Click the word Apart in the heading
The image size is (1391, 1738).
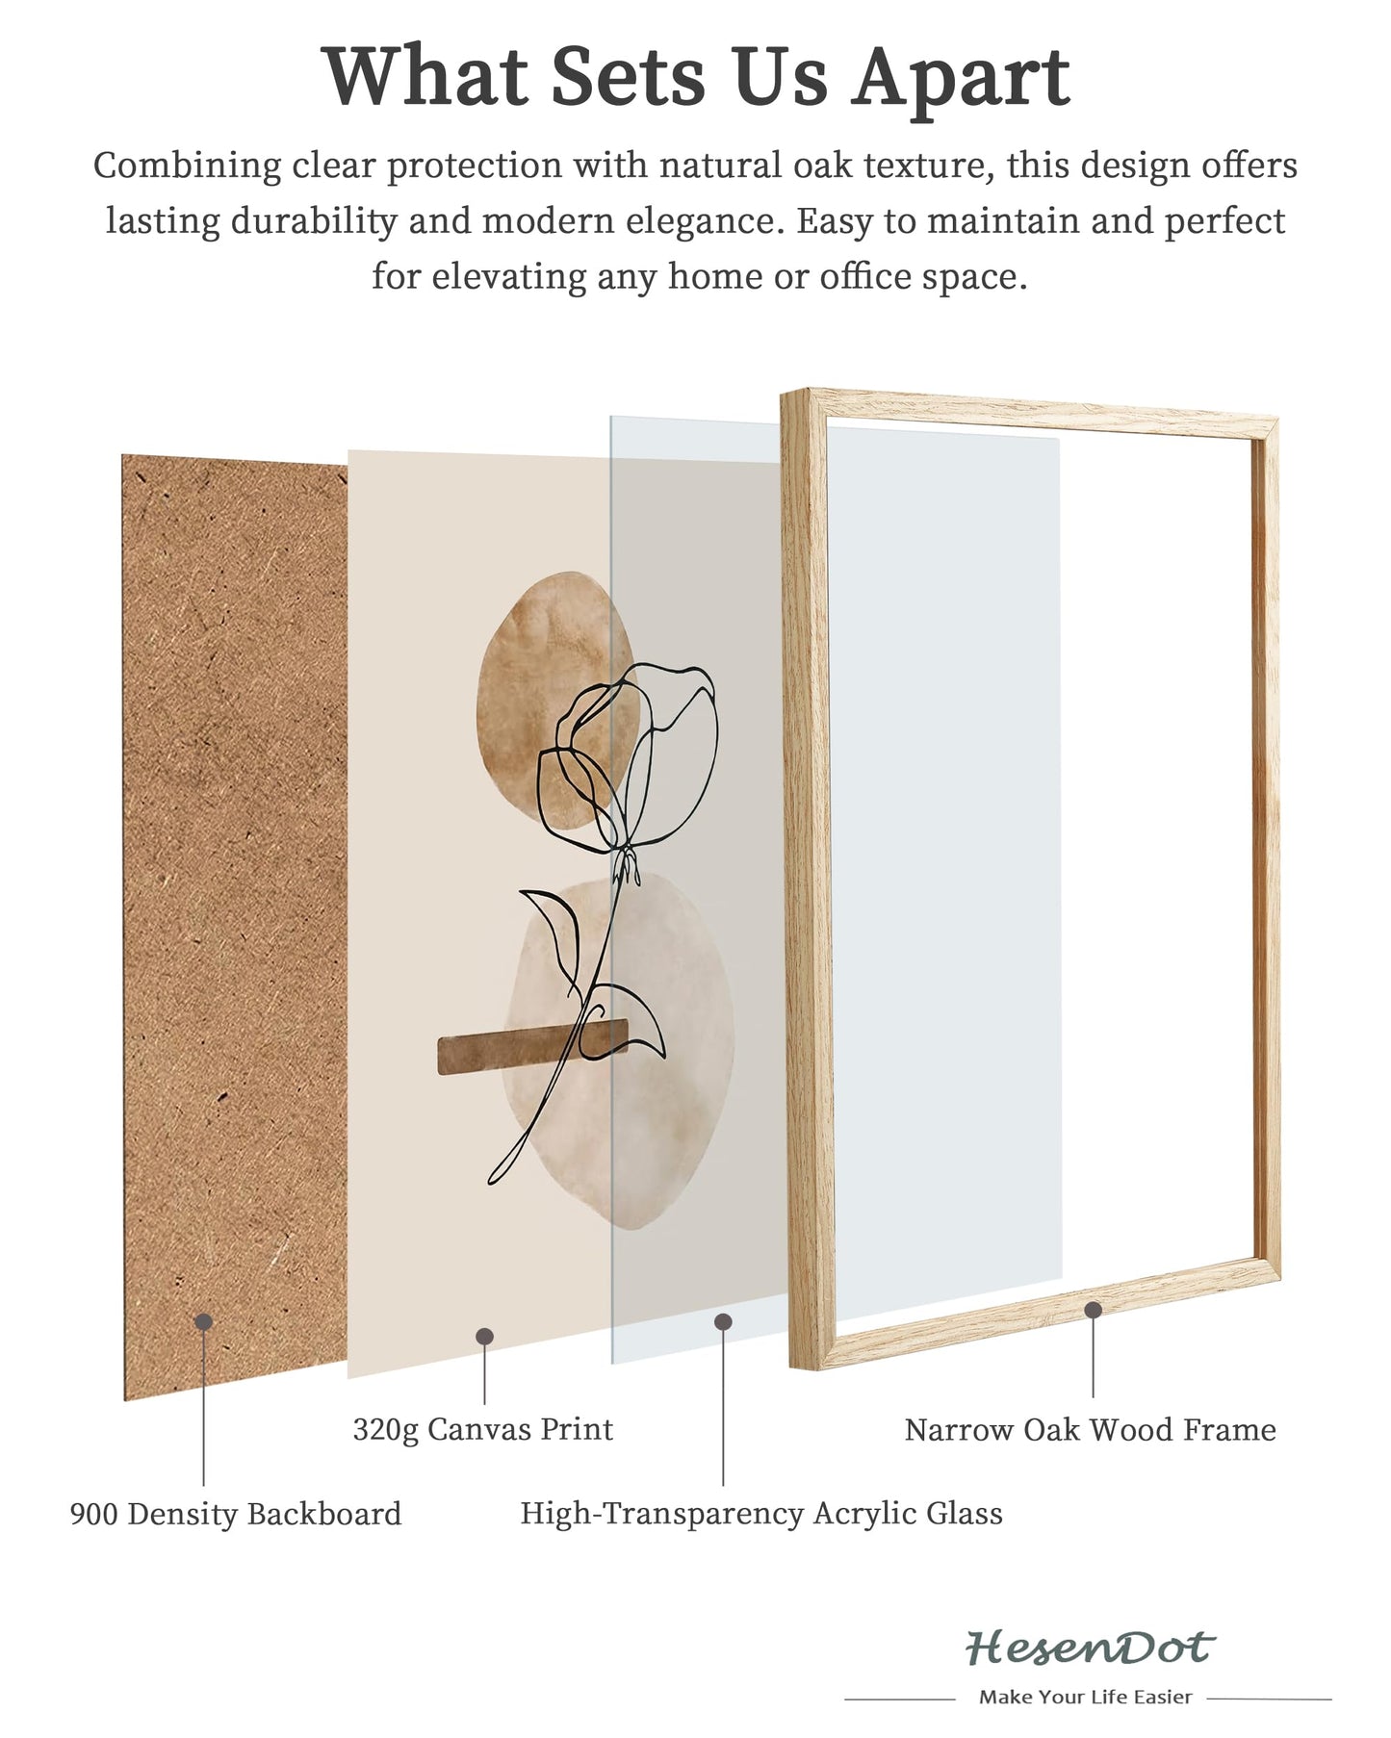961,77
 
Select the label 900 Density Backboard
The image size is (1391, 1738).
236,1514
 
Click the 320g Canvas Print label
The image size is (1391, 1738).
482,1429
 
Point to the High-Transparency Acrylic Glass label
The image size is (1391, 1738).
761,1514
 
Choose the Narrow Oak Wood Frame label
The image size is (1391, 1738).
1090,1430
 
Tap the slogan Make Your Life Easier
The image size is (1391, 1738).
1085,1697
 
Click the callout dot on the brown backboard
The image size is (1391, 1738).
203,1322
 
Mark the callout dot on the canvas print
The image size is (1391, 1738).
484,1336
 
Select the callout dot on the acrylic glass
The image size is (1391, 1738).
723,1322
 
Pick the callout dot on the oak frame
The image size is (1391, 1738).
1093,1310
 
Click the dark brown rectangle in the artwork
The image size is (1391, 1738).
532,1047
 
